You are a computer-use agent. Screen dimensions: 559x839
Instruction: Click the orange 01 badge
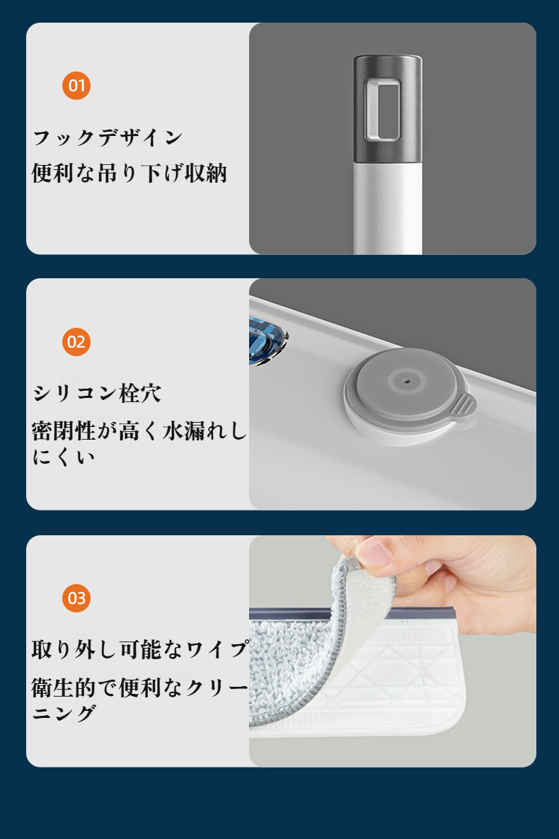point(76,86)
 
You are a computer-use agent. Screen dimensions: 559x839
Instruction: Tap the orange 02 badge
point(76,342)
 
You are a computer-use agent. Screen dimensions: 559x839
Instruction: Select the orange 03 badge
point(76,598)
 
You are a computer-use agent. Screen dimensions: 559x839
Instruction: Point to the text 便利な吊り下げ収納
point(129,173)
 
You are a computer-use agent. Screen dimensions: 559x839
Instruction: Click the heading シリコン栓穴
point(97,394)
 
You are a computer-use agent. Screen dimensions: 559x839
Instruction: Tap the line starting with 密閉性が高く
point(139,430)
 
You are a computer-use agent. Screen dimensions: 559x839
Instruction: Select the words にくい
point(64,457)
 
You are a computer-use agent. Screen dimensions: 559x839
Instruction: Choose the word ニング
point(64,713)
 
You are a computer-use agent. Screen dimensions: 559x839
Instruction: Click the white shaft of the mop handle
point(388,208)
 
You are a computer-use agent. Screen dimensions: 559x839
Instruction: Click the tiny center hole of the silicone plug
point(407,382)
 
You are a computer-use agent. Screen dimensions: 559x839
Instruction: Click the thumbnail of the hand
point(374,553)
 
